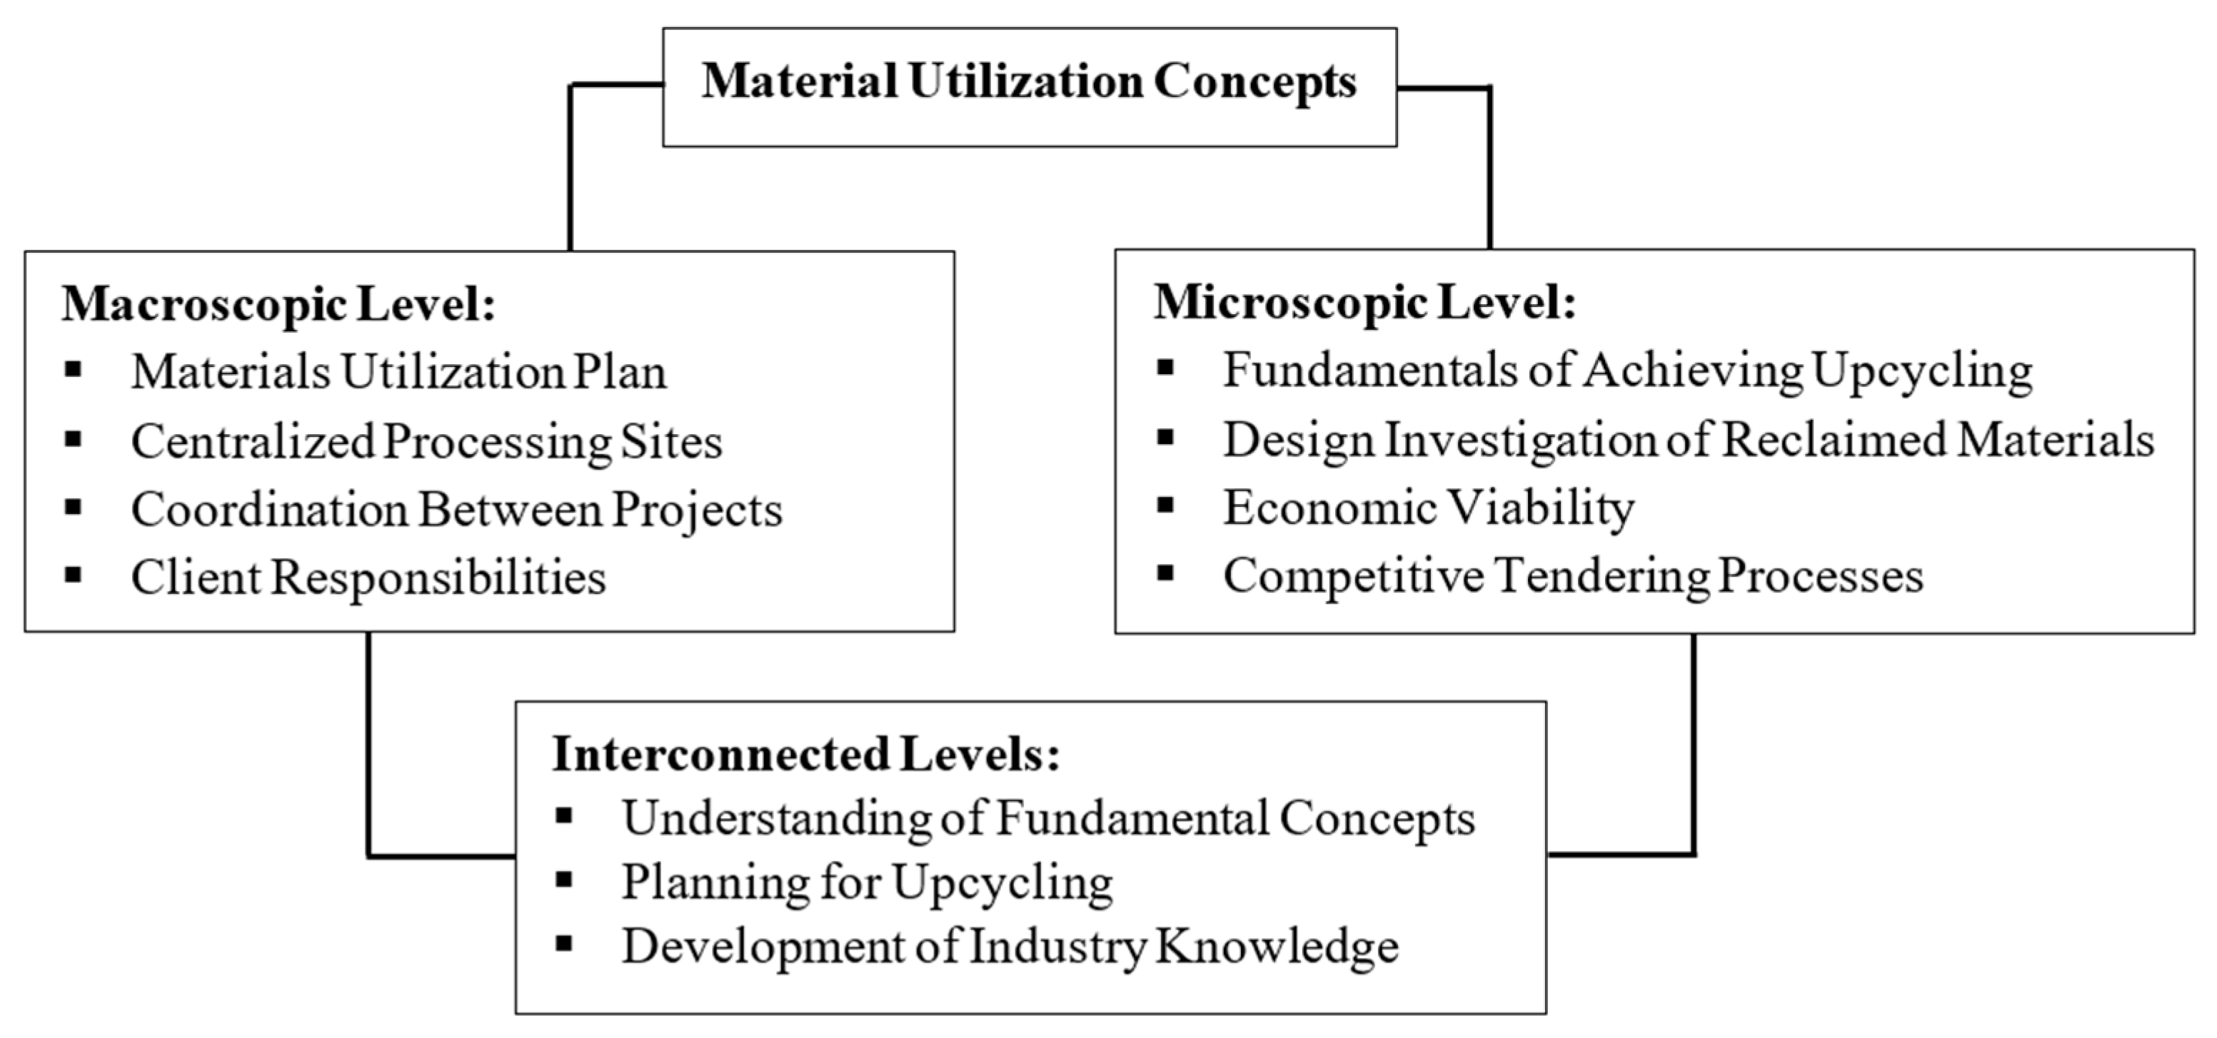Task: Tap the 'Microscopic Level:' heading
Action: pos(1365,302)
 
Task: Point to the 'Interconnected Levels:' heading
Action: pos(805,754)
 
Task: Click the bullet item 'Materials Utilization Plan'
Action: pos(398,373)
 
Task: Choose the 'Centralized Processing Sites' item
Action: pos(426,441)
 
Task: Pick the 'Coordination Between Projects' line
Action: pos(456,510)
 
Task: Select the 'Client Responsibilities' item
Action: pos(368,578)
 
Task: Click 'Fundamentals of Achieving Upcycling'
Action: pos(1627,371)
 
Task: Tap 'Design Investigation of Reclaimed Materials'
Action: pos(1689,440)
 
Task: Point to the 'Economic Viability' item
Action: pos(1429,507)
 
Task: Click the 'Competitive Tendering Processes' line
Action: pos(1573,576)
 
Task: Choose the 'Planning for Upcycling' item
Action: pos(867,882)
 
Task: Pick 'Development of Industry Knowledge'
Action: pos(1010,947)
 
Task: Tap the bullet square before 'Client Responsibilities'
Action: pos(73,574)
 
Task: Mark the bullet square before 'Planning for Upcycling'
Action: pos(565,879)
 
